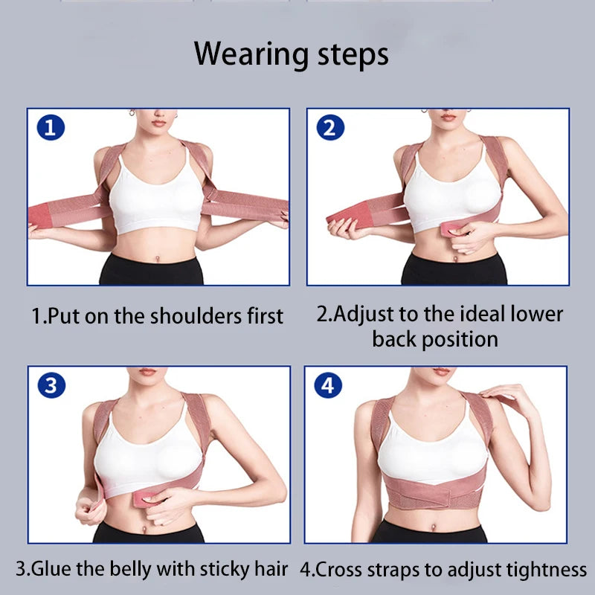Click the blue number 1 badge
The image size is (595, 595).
[x=51, y=129]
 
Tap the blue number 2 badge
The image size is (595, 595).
[x=330, y=129]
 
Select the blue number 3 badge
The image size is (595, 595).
[x=51, y=385]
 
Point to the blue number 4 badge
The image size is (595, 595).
[x=329, y=385]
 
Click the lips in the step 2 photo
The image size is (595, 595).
[x=447, y=117]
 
